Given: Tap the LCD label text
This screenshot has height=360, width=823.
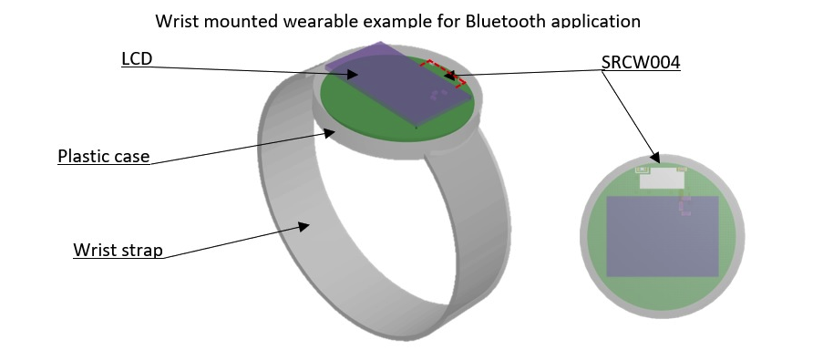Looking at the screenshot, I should (x=136, y=59).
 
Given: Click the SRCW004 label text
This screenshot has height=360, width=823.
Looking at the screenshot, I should (x=641, y=63).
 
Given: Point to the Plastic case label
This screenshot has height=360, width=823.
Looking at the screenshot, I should (x=103, y=156).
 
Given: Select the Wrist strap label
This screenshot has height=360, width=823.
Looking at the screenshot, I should (x=118, y=250).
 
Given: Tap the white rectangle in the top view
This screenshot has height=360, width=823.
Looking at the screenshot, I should (x=662, y=178).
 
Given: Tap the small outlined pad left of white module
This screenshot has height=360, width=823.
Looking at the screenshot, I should (x=642, y=169).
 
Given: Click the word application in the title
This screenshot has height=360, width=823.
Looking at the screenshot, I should (x=595, y=20).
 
